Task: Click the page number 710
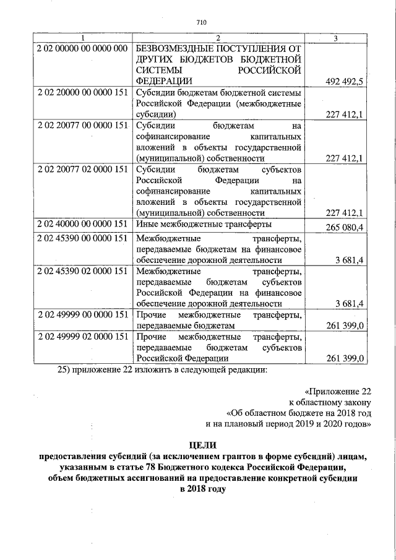200,22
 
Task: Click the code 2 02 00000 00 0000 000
82,48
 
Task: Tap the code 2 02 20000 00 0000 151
82,92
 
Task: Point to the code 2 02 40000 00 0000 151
82,224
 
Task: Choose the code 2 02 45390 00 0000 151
82,238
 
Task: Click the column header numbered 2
218,38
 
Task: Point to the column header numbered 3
335,38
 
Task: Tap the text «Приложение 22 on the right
339,392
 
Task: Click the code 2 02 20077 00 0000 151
82,126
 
